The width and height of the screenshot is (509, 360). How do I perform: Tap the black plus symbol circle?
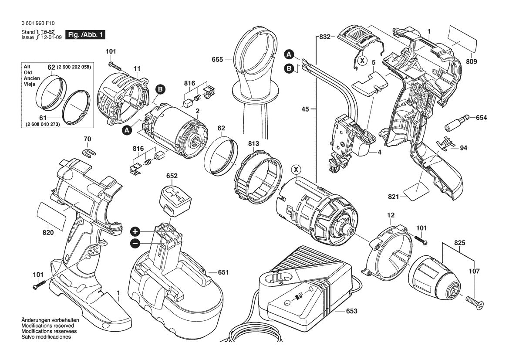[x=135, y=231]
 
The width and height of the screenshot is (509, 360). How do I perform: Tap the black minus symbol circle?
[x=135, y=243]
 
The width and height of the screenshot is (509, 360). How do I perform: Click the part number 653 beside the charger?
[x=351, y=311]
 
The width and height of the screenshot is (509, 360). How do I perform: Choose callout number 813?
[x=253, y=143]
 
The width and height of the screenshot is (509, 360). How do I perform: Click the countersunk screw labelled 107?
[x=474, y=303]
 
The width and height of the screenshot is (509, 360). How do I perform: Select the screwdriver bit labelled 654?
[x=456, y=122]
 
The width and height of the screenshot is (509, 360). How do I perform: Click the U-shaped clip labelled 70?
[x=88, y=153]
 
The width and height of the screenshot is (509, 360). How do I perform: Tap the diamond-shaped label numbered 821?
[x=417, y=189]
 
